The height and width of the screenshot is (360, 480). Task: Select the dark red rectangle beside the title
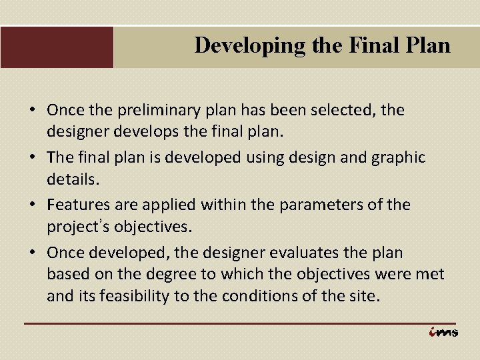(x=57, y=47)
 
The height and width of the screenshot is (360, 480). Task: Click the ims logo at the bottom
(x=443, y=333)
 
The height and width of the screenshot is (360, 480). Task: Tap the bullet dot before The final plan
(x=33, y=157)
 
